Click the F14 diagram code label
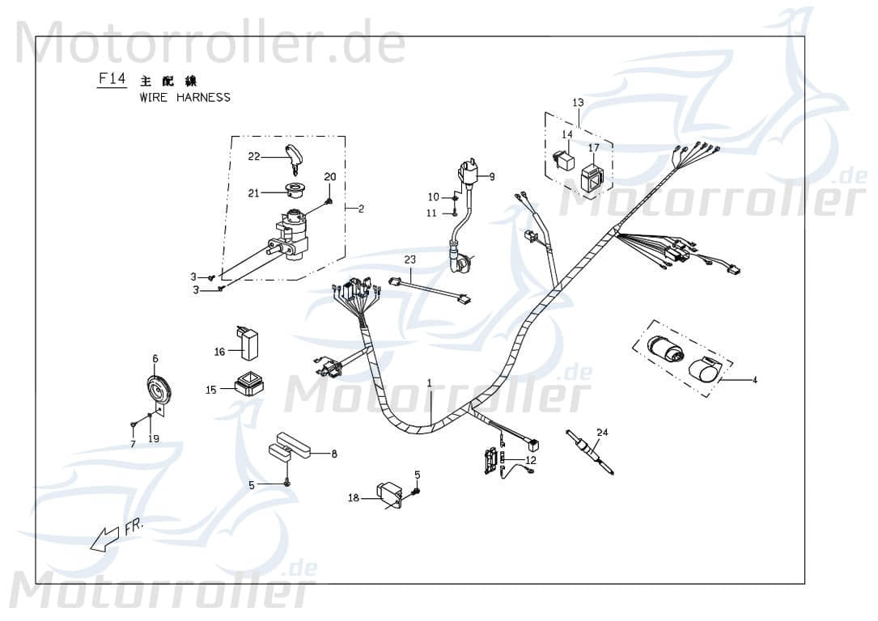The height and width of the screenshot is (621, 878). [x=111, y=79]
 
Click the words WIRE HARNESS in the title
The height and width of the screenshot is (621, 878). [x=185, y=98]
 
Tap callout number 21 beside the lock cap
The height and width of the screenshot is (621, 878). [x=254, y=192]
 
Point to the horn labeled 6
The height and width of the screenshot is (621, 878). [x=159, y=392]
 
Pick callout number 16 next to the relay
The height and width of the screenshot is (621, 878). [x=219, y=352]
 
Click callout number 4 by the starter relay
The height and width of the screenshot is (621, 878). [x=754, y=379]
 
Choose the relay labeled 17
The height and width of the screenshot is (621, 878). [x=592, y=178]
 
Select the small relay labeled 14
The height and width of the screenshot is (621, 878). [x=563, y=159]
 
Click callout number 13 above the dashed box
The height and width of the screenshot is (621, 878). [x=578, y=103]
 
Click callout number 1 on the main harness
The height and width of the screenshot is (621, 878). [x=430, y=382]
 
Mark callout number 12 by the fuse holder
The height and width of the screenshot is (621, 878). [x=530, y=460]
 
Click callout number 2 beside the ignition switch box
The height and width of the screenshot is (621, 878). [x=361, y=209]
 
